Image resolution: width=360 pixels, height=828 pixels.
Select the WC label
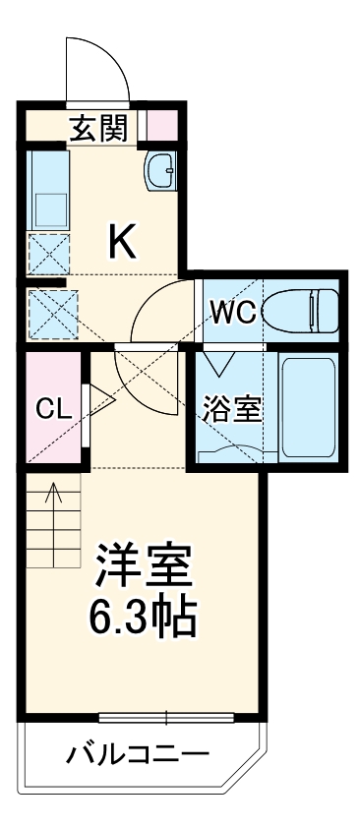click(x=232, y=313)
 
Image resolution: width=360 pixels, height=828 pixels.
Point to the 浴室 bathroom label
click(x=232, y=408)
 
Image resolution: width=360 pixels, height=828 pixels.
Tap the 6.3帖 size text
click(x=145, y=617)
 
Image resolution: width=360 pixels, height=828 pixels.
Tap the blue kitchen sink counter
click(x=45, y=191)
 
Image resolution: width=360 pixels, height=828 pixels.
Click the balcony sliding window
click(x=166, y=714)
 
